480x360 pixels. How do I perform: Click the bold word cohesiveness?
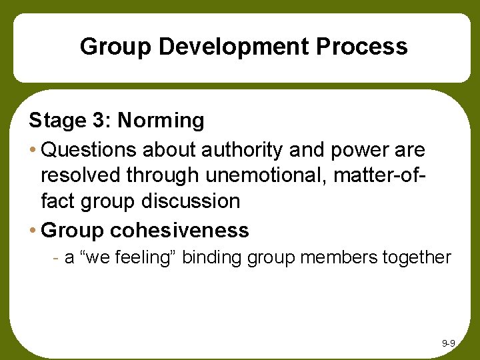click(x=179, y=231)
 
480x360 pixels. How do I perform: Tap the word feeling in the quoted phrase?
click(x=143, y=257)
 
